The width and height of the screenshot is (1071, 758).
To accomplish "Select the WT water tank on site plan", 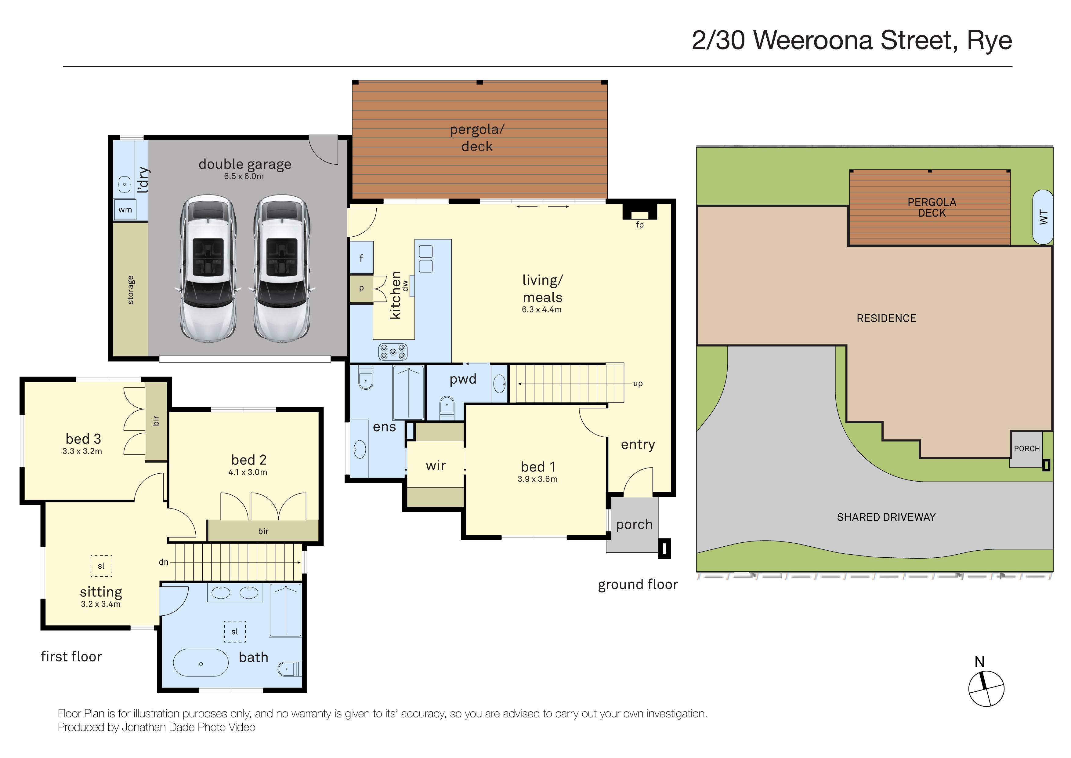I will click(1043, 217).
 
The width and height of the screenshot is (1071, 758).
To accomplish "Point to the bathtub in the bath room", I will click(201, 663).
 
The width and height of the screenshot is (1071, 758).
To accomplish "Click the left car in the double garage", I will click(208, 268).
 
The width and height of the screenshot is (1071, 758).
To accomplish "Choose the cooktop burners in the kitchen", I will click(393, 352).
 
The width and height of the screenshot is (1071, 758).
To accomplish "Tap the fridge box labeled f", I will click(361, 258).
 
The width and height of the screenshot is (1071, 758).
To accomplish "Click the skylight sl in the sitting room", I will click(101, 566).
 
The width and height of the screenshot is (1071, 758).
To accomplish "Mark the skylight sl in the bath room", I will click(235, 632).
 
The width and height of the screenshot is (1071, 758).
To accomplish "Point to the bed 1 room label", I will click(538, 467).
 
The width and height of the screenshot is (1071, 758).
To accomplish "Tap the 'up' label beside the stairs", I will click(638, 384).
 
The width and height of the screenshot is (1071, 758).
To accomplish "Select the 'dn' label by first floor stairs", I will click(163, 562).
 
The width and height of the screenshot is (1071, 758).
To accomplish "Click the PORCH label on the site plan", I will click(1027, 449).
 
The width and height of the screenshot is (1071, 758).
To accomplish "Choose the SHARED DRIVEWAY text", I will click(886, 517).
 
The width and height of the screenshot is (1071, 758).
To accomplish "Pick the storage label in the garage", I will click(131, 290).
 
